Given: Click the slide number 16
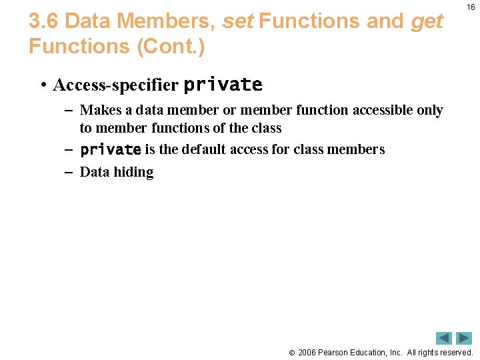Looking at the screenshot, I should [471, 7].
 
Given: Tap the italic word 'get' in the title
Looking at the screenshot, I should [427, 21].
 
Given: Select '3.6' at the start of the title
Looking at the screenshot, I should [44, 21].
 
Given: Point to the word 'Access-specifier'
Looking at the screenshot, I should [115, 85].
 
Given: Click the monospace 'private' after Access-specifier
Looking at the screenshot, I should [223, 85].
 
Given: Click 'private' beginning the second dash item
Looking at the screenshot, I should [110, 149].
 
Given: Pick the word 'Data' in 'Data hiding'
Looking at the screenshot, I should [95, 172].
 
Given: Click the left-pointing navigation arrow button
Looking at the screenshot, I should [444, 338].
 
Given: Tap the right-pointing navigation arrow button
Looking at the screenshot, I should [464, 338].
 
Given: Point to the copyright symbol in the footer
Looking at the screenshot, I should [291, 352].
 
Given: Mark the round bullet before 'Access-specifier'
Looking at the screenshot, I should [42, 85].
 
